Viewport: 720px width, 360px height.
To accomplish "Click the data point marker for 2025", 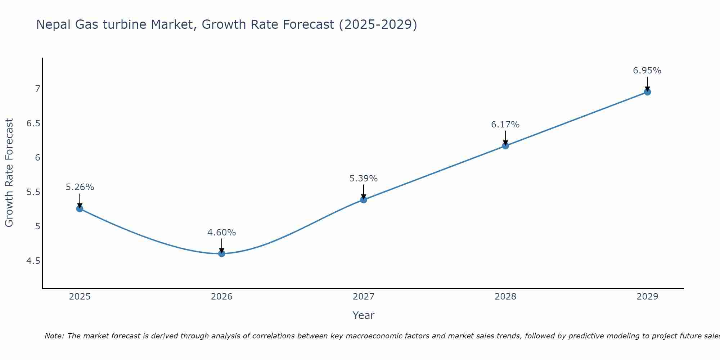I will click(80, 208).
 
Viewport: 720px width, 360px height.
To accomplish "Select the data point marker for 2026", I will click(222, 253).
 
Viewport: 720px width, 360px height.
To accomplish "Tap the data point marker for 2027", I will click(364, 199).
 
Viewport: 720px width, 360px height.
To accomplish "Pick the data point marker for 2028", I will click(505, 146).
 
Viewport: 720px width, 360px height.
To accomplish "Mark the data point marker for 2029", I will click(647, 92).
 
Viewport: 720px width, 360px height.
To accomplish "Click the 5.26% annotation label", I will click(80, 187).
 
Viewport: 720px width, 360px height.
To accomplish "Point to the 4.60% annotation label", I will click(222, 233).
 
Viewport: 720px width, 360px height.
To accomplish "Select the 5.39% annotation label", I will click(364, 179).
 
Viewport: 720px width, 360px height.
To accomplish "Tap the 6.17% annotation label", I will click(505, 125).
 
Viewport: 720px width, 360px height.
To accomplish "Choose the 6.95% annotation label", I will click(647, 71).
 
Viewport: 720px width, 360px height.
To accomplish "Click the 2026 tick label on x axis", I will click(222, 297).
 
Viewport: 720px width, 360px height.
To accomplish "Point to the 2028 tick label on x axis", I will click(505, 297).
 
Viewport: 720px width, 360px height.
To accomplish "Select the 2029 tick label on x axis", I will click(647, 297).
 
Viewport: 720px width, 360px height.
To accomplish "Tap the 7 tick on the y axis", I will click(37, 89).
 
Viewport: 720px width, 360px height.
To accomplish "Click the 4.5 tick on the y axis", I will click(33, 261).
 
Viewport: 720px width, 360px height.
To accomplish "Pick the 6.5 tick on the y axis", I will click(33, 123).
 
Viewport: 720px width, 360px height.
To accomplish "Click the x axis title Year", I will click(364, 315).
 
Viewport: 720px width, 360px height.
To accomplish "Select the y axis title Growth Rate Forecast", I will click(9, 173).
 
